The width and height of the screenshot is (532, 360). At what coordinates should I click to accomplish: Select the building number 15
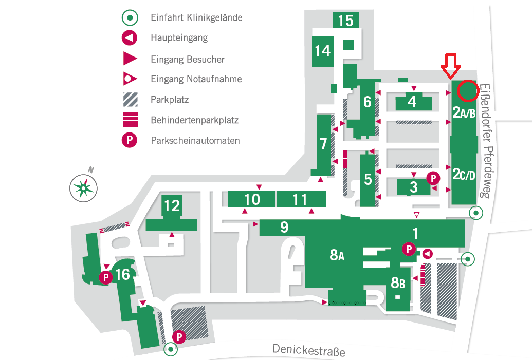[x=346, y=21]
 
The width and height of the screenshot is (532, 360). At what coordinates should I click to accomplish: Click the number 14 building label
[x=323, y=51]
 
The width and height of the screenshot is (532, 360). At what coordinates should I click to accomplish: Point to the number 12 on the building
[x=172, y=205]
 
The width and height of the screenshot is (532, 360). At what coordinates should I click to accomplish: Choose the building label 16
[x=122, y=275]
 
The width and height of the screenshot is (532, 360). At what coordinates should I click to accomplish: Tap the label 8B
[x=398, y=282]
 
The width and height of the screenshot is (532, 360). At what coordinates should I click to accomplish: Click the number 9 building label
[x=284, y=227]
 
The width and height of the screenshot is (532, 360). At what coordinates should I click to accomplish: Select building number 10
[x=252, y=199]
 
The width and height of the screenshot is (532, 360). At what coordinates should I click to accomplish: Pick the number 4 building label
[x=412, y=102]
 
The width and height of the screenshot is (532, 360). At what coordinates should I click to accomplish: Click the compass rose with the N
[x=83, y=186]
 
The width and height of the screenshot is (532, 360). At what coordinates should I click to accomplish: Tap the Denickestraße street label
[x=308, y=351]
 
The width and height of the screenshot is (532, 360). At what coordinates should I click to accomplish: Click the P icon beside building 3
[x=434, y=178]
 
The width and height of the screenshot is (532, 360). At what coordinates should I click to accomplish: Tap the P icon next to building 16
[x=105, y=278]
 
